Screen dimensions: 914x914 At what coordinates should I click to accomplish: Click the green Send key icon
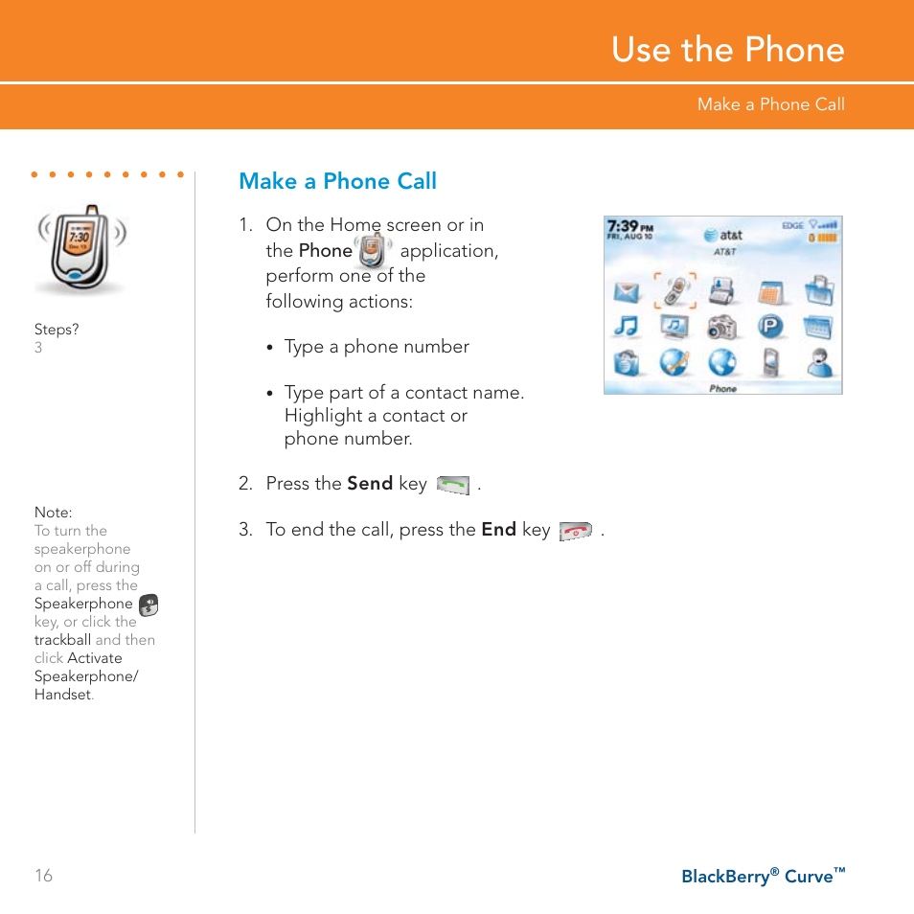click(x=453, y=485)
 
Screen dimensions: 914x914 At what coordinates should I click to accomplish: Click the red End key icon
click(x=575, y=531)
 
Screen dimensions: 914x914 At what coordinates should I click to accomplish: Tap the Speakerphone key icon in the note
click(x=149, y=605)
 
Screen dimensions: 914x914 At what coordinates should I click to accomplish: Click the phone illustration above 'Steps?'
click(x=81, y=250)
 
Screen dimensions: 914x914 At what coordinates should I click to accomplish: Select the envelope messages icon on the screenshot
click(x=627, y=290)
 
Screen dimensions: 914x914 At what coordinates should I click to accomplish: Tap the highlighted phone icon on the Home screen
click(x=674, y=289)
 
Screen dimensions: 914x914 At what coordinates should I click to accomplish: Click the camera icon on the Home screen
click(x=721, y=328)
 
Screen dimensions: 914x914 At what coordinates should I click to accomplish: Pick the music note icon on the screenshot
click(x=627, y=328)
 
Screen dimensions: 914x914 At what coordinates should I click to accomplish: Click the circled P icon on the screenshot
click(x=770, y=328)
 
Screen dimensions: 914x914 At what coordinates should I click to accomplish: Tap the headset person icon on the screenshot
click(x=819, y=363)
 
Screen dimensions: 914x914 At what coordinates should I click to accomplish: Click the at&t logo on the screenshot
click(x=723, y=235)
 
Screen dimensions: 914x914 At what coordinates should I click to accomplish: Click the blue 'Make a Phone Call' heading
click(x=337, y=181)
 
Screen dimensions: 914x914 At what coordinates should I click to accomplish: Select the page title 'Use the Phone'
click(x=728, y=50)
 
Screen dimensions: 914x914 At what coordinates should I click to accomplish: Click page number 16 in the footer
click(x=44, y=876)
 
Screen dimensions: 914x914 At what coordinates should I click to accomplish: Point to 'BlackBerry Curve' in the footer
click(x=763, y=876)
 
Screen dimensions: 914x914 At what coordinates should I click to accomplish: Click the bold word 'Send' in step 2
click(x=370, y=484)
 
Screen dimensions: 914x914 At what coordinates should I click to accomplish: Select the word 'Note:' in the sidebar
click(x=54, y=513)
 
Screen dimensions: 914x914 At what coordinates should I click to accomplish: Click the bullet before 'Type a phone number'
click(x=271, y=348)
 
